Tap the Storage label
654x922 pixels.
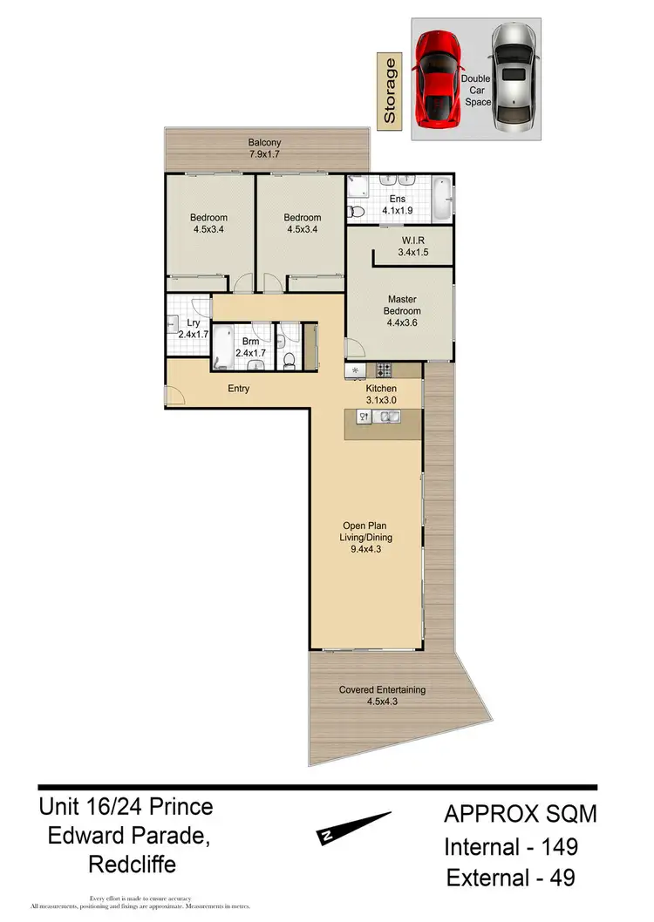coord(390,90)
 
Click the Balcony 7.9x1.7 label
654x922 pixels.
coord(265,148)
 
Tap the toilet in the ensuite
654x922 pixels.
coord(356,211)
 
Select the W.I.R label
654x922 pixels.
coord(413,241)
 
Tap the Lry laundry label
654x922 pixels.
coord(194,323)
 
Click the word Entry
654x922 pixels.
coord(238,389)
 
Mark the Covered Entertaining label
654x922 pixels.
coord(382,690)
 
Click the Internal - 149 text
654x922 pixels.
coord(511,846)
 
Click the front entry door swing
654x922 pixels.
coord(174,397)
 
